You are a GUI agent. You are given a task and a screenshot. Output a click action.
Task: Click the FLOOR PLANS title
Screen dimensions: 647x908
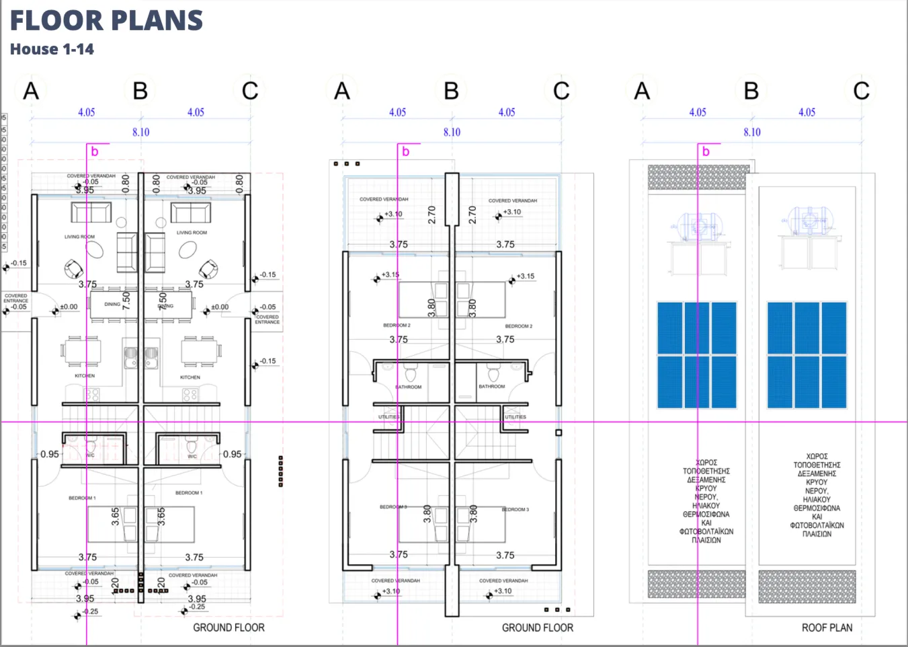point(106,21)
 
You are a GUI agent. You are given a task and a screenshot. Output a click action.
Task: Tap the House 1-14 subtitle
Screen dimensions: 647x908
point(52,49)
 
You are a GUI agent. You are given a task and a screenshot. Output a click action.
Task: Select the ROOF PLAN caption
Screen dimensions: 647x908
point(827,627)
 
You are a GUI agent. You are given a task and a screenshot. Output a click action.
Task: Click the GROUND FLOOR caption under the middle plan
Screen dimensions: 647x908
point(537,627)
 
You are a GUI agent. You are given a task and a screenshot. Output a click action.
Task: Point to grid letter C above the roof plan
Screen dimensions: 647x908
point(861,91)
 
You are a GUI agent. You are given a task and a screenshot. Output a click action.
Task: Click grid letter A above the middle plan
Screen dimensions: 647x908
point(342,91)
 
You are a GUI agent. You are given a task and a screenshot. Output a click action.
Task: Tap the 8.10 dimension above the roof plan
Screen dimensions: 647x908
point(752,132)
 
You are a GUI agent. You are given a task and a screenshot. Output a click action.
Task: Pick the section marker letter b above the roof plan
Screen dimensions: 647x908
point(706,152)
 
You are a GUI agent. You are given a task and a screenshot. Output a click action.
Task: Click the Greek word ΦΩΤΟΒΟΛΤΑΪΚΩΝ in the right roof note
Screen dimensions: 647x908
point(817,525)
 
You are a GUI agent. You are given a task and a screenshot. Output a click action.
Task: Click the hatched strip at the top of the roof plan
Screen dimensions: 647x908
point(698,177)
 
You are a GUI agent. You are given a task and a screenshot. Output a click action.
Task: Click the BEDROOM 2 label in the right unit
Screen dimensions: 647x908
point(518,326)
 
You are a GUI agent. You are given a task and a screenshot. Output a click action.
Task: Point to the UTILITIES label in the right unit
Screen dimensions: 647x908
point(515,417)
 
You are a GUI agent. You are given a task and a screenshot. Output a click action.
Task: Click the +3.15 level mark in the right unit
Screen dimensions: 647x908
point(525,276)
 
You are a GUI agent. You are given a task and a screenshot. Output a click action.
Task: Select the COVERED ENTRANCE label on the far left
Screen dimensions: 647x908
point(16,298)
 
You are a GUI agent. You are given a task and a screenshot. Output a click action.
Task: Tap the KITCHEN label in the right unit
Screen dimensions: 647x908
point(190,377)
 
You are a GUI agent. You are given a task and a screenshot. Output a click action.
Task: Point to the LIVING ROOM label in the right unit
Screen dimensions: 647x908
point(192,233)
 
